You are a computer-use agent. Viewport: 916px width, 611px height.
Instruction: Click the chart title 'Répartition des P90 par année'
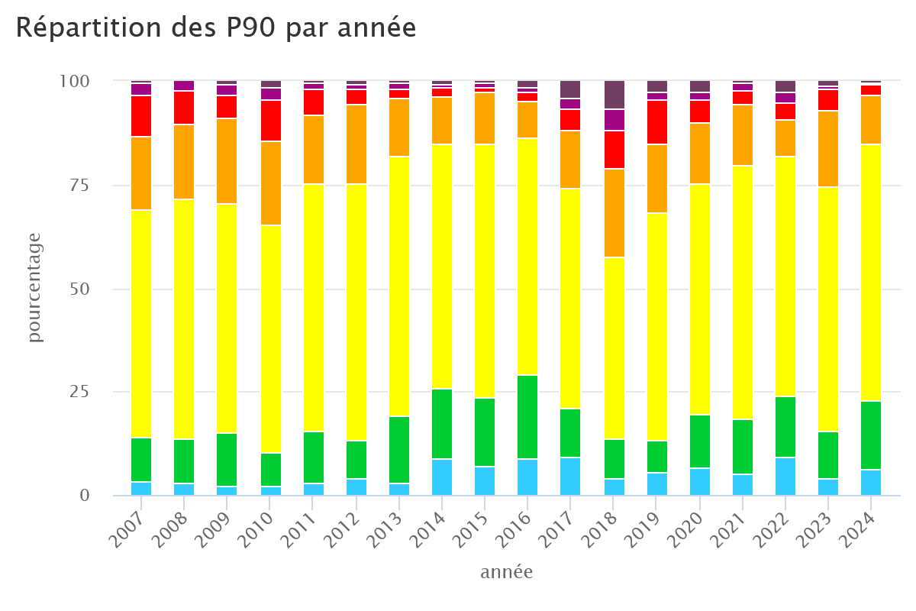[216, 28]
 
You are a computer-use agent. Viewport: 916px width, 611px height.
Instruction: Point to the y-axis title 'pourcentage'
[35, 293]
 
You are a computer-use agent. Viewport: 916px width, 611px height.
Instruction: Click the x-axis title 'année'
[506, 572]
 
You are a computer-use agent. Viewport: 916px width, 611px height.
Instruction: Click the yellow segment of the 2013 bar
[400, 286]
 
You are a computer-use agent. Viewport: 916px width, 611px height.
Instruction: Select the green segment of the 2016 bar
[527, 417]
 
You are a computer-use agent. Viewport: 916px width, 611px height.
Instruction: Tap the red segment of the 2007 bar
[140, 116]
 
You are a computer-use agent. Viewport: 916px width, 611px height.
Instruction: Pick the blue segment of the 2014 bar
[443, 477]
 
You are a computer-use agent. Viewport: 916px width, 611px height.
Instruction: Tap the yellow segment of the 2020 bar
[698, 299]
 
